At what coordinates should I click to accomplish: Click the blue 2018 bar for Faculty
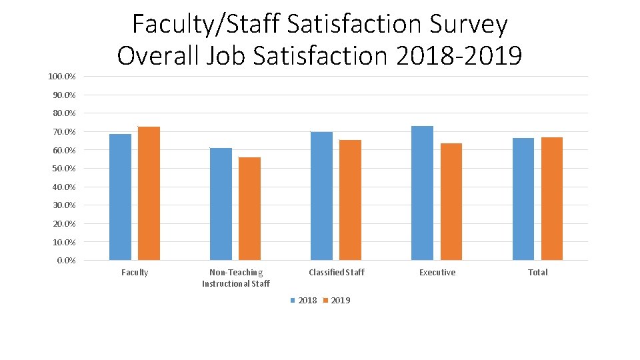[x=120, y=197]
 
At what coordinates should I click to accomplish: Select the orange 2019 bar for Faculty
[x=149, y=193]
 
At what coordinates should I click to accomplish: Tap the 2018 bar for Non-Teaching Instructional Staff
[x=221, y=203]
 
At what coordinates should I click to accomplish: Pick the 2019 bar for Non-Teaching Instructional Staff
[x=249, y=208]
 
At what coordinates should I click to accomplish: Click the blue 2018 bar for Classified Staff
[x=321, y=195]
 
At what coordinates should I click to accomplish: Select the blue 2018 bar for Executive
[x=422, y=193]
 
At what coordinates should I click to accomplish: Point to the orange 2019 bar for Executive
[x=451, y=201]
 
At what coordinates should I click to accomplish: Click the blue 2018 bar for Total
[x=523, y=199]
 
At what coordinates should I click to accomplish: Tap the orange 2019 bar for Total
[x=552, y=198]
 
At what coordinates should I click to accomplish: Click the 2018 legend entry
[x=303, y=301]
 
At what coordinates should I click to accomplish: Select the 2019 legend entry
[x=336, y=301]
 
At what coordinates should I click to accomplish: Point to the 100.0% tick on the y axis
[x=61, y=77]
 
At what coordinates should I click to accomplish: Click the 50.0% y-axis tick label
[x=63, y=169]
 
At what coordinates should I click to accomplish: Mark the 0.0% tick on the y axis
[x=65, y=261]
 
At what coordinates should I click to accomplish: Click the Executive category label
[x=437, y=273]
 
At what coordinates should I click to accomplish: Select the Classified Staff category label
[x=337, y=273]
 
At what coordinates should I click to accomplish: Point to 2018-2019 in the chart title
[x=459, y=55]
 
